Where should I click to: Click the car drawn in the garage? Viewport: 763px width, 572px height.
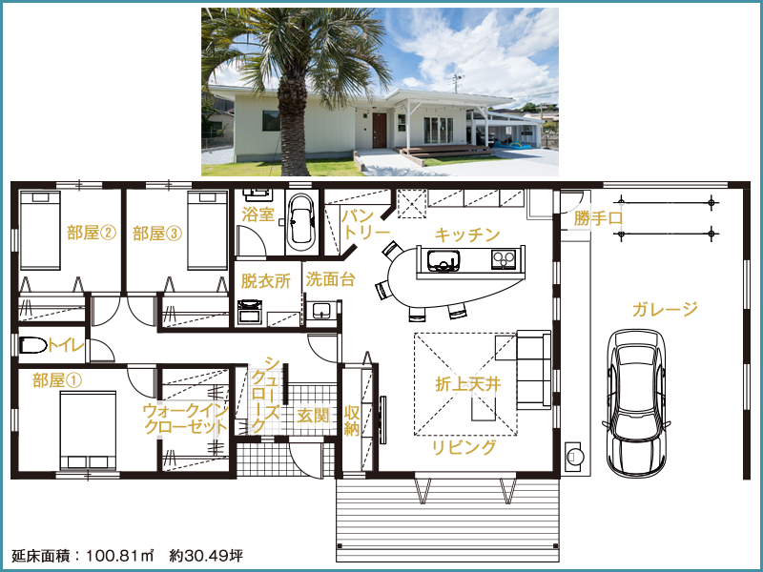click(x=636, y=403)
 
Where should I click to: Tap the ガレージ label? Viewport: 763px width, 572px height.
click(x=665, y=309)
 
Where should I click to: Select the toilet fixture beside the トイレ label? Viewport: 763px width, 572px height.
click(x=33, y=345)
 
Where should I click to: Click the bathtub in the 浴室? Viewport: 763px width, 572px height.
click(x=300, y=219)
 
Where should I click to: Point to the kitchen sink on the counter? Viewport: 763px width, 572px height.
click(x=443, y=260)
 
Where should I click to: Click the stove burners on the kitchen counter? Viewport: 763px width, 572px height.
click(x=504, y=259)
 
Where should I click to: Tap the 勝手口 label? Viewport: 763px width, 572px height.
click(x=598, y=217)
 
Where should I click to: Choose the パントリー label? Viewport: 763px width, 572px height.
click(x=365, y=224)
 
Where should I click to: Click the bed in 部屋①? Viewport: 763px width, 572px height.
click(x=88, y=430)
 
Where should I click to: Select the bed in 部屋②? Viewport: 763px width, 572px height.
click(x=40, y=230)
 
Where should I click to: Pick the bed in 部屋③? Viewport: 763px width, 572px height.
click(x=208, y=230)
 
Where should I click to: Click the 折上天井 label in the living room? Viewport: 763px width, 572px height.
click(x=468, y=384)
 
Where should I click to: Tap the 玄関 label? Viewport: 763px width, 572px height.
click(x=313, y=416)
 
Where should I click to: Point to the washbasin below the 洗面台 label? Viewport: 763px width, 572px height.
click(x=321, y=311)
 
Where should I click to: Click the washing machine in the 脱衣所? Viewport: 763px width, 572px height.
click(x=250, y=313)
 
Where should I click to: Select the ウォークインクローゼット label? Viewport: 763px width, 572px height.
click(x=186, y=419)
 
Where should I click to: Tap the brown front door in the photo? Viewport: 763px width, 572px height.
click(x=380, y=131)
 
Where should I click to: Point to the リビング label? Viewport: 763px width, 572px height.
click(x=464, y=447)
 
